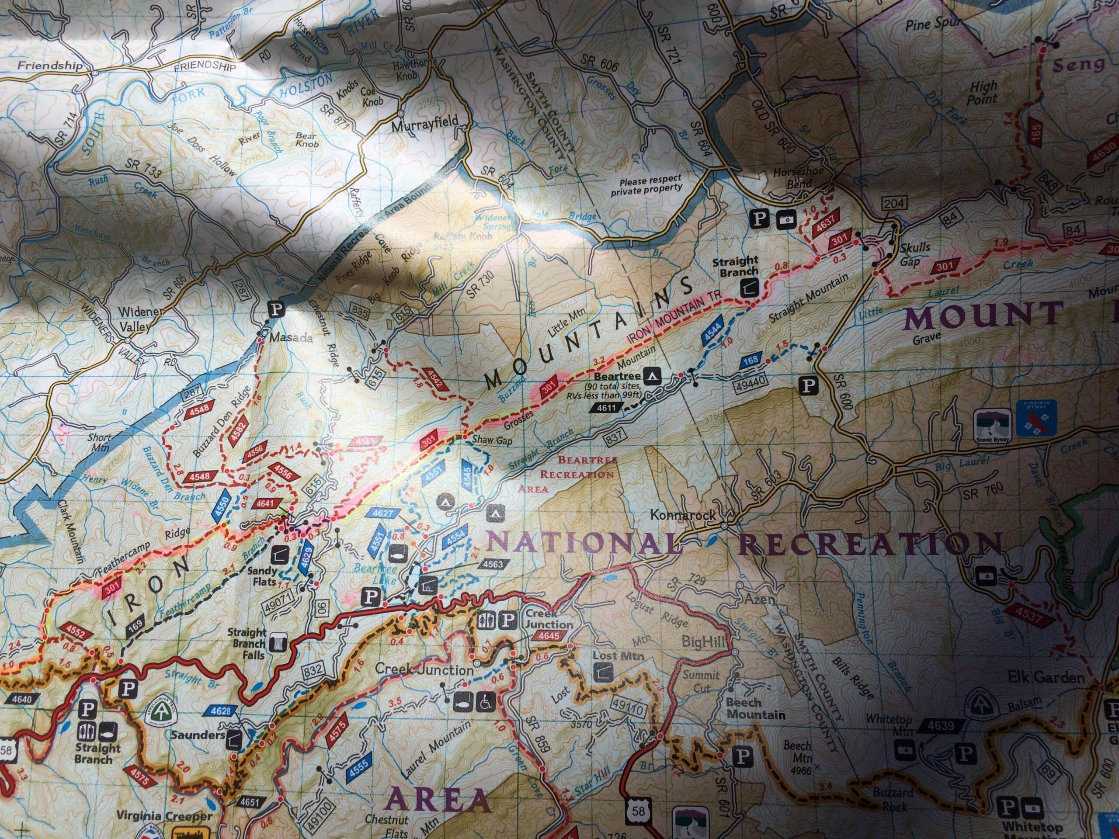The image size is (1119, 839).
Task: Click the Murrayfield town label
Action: click(x=426, y=121)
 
